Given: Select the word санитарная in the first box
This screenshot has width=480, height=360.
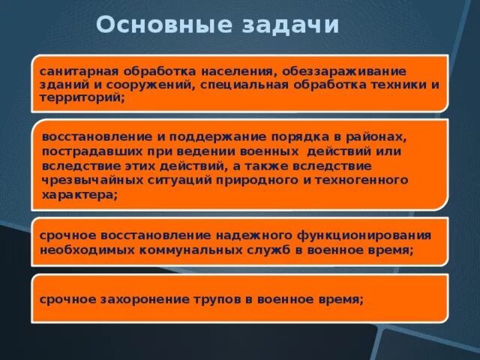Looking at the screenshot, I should pyautogui.click(x=73, y=71).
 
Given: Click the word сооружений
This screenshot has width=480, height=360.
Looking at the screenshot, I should pyautogui.click(x=155, y=85).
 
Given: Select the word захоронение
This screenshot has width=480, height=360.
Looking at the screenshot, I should pyautogui.click(x=138, y=298).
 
